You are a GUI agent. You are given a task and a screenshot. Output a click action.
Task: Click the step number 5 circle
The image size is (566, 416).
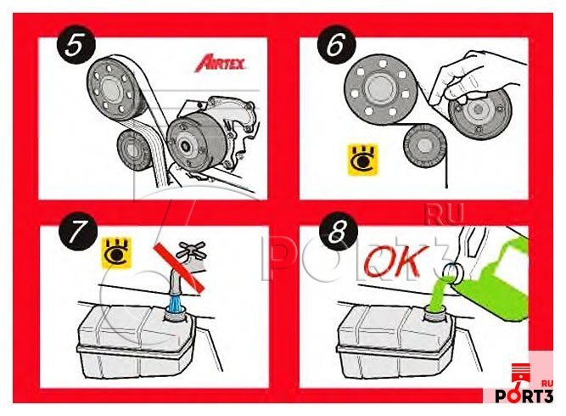76,45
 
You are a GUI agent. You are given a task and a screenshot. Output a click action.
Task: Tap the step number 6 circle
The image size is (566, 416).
336,45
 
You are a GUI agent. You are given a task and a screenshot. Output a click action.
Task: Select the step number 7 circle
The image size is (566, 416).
78,232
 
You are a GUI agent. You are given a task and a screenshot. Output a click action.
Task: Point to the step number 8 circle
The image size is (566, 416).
339,232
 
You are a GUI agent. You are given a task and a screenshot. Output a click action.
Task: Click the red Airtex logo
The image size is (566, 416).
220,63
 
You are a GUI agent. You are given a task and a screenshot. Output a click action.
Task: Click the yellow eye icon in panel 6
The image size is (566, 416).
362,160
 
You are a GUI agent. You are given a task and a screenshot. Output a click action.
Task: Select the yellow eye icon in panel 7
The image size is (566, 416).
116,253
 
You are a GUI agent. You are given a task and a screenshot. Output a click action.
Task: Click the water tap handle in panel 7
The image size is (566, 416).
193,249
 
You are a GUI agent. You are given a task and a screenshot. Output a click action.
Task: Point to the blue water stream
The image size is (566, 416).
176,302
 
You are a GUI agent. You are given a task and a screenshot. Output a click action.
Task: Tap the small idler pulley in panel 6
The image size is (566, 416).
424,145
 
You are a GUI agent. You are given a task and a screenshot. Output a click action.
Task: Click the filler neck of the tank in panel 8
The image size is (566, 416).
435,312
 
